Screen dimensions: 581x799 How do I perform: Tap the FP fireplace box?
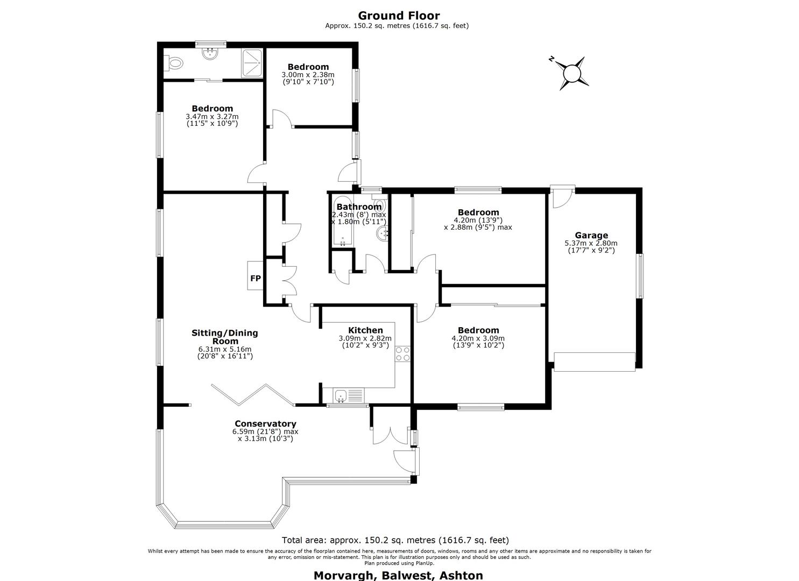(x=255, y=278)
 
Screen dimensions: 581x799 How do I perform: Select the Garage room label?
(x=591, y=235)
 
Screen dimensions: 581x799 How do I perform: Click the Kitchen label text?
(x=365, y=330)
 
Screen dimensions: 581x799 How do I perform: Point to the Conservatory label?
(x=265, y=424)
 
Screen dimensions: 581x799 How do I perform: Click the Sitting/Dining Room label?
(x=225, y=337)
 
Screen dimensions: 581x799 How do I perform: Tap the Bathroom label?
(x=358, y=207)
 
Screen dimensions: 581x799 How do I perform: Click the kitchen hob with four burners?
(x=402, y=354)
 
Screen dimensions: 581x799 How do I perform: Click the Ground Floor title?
(x=399, y=16)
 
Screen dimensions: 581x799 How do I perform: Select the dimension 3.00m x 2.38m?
(x=308, y=75)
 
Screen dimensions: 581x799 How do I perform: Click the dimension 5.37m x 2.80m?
(x=591, y=243)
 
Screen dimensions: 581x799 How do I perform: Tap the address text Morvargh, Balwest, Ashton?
(x=398, y=575)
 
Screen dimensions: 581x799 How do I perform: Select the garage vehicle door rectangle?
(x=595, y=362)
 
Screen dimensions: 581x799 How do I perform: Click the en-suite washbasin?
(x=210, y=54)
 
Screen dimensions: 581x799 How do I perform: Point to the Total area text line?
(x=395, y=540)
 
